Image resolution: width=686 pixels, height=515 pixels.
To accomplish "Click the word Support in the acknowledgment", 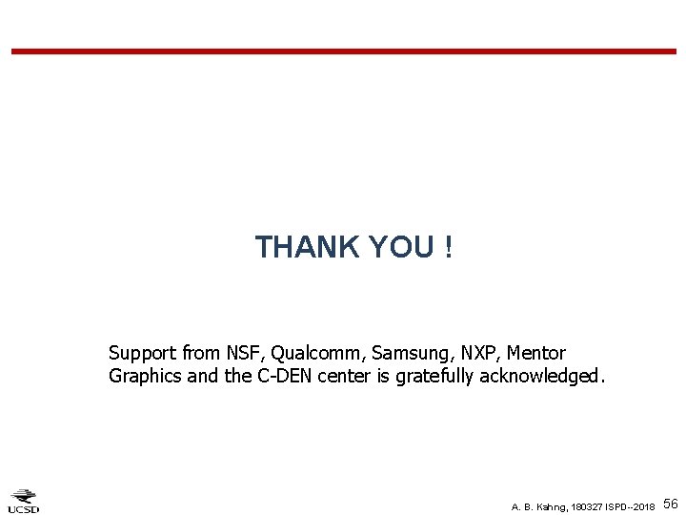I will pos(143,354).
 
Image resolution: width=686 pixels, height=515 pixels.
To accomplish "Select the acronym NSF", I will pos(241,353).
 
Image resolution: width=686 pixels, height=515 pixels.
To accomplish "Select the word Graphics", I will pos(146,376).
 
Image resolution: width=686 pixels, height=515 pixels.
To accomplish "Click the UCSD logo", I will pos(23,500).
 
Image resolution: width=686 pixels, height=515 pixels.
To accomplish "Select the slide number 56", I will pos(670,503).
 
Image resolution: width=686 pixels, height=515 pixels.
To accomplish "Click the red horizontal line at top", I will pos(343,51).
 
